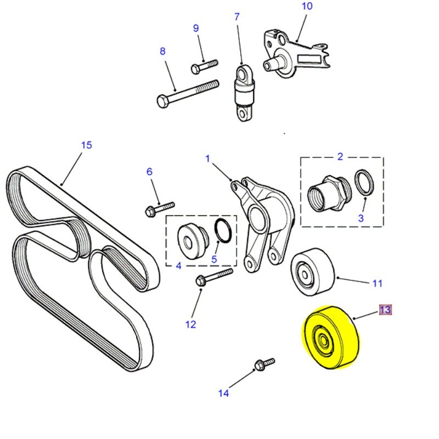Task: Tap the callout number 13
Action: (385, 310)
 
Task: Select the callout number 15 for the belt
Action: (86, 145)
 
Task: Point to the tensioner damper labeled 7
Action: (244, 91)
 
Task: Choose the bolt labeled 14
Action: (264, 364)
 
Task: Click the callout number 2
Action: (340, 156)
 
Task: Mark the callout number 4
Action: (178, 267)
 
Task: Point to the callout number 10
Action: (307, 6)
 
